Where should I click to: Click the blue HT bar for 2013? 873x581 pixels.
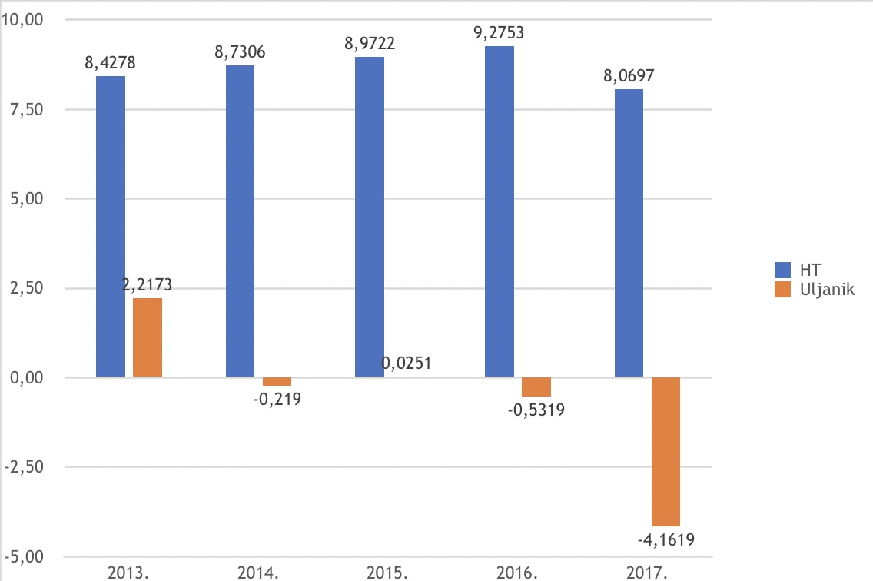[111, 227]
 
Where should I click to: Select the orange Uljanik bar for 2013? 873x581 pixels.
[148, 337]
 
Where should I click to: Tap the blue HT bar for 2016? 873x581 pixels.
[500, 211]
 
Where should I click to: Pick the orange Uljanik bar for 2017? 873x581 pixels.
[666, 451]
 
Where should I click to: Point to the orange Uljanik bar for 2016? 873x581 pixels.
[536, 387]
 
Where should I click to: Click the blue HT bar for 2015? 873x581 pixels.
[370, 217]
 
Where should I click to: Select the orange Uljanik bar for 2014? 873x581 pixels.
[277, 381]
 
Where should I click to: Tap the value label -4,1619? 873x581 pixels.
[666, 539]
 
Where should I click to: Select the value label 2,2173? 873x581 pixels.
[148, 285]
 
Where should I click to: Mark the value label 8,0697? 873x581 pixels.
[629, 76]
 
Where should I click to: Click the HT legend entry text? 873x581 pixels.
[809, 270]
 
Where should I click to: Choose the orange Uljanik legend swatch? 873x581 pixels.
[784, 290]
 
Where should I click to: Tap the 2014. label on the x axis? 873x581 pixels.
[258, 573]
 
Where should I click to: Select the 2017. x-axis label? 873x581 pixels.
[648, 573]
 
